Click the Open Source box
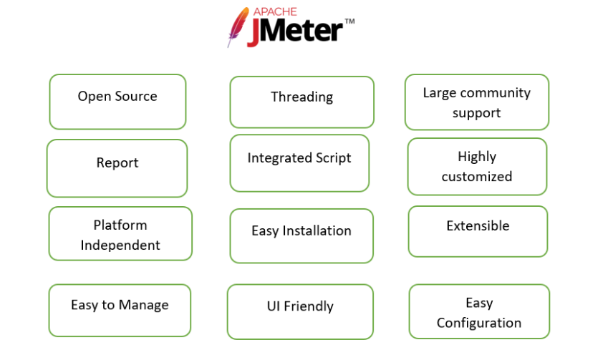click(x=117, y=102)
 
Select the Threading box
click(x=301, y=102)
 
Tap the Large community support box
click(x=477, y=102)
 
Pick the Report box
click(x=117, y=168)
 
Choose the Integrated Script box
click(x=299, y=163)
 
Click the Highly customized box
click(x=477, y=167)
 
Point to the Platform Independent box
click(x=120, y=233)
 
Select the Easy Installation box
click(x=301, y=235)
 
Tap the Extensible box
click(x=478, y=231)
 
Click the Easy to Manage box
click(x=120, y=311)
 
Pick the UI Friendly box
click(x=300, y=311)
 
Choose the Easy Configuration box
click(x=479, y=311)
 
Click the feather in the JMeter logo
click(x=238, y=26)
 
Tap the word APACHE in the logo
click(x=275, y=11)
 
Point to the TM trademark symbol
click(x=349, y=21)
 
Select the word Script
click(x=334, y=158)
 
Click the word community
click(x=496, y=93)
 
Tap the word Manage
click(x=143, y=306)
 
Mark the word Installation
click(x=317, y=230)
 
